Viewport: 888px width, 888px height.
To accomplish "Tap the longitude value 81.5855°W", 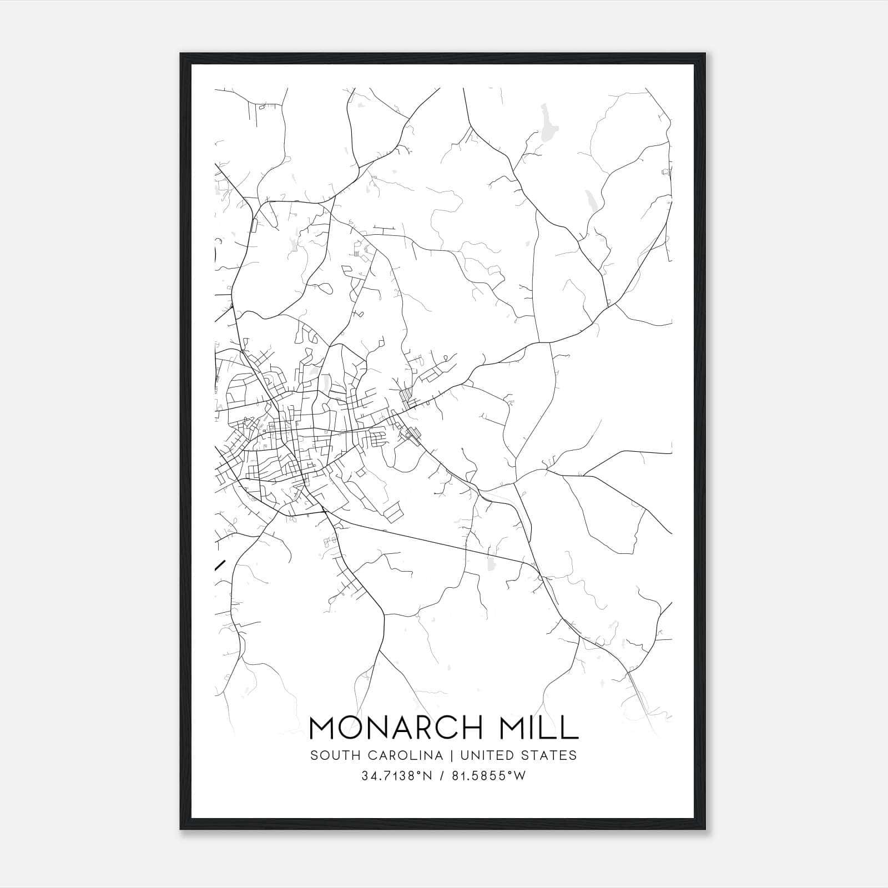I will pyautogui.click(x=487, y=776).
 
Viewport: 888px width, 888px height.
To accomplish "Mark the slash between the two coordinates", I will pyautogui.click(x=441, y=776).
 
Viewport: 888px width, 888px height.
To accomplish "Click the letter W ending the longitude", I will pyautogui.click(x=520, y=776).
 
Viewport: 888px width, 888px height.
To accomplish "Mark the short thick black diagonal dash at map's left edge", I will pyautogui.click(x=220, y=566).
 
